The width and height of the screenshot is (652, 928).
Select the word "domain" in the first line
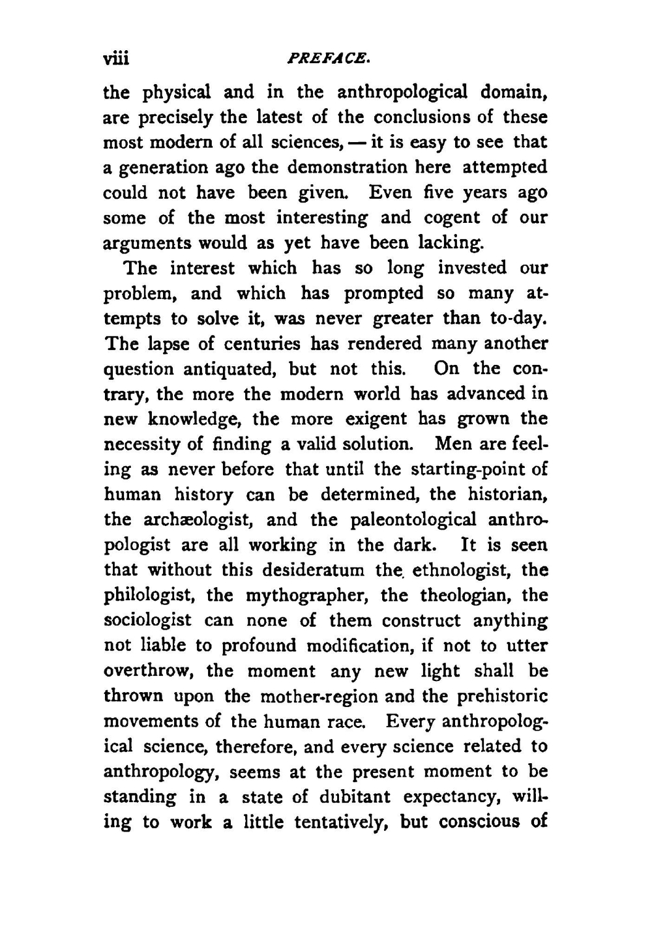(x=513, y=92)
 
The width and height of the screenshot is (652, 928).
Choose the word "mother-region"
(x=319, y=697)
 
